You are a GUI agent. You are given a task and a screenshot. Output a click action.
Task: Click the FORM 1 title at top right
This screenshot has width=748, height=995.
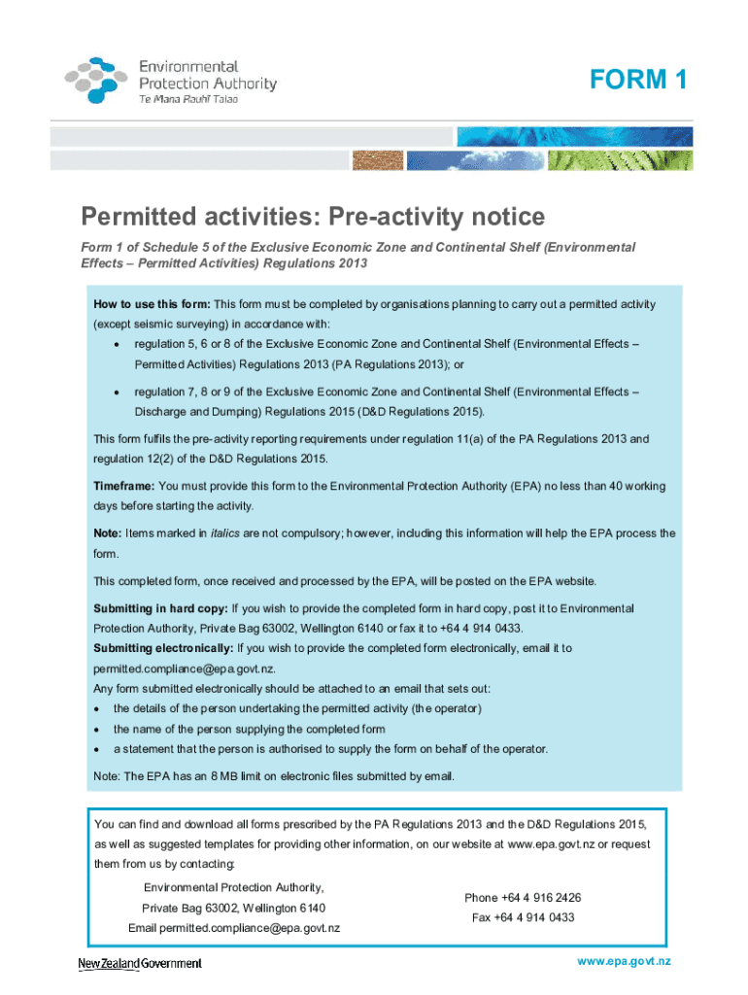click(x=637, y=81)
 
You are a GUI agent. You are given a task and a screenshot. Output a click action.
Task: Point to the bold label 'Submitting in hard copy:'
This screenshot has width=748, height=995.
click(x=160, y=608)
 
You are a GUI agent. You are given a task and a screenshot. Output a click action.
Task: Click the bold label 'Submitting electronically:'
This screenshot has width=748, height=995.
click(x=163, y=648)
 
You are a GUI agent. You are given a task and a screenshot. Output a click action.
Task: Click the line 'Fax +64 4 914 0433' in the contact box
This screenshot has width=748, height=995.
click(x=523, y=917)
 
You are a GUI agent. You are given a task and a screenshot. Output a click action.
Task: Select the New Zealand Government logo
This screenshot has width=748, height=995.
click(x=140, y=963)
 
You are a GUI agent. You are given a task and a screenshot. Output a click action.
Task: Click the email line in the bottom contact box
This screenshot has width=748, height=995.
click(x=234, y=928)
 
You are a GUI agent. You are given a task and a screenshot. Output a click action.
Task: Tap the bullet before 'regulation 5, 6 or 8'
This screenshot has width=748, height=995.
click(x=117, y=345)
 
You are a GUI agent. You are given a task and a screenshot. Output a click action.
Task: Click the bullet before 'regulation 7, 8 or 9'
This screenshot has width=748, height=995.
click(x=117, y=393)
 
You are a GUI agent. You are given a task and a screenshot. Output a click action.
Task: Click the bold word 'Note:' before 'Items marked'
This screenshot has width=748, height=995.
click(x=108, y=533)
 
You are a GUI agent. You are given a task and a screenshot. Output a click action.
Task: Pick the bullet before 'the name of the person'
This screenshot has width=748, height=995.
click(x=98, y=729)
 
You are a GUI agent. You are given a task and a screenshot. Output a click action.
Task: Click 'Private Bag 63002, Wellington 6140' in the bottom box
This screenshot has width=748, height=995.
click(x=234, y=908)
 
